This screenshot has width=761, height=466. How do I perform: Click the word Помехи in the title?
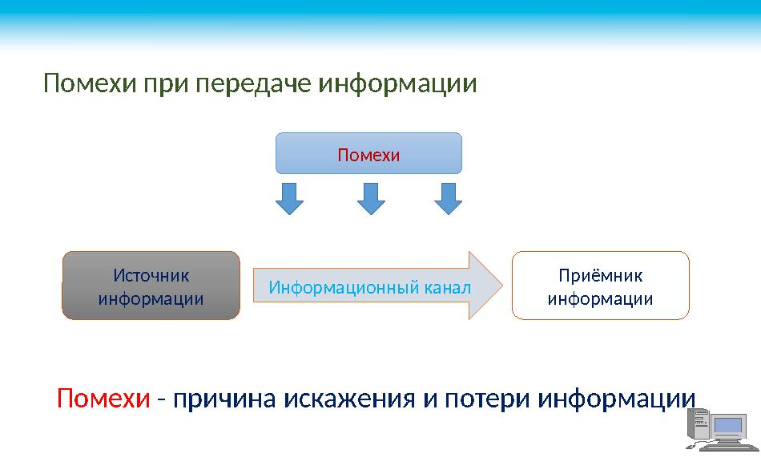pyautogui.click(x=91, y=83)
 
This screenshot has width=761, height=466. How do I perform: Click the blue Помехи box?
pyautogui.click(x=368, y=153)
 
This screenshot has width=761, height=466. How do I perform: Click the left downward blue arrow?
pyautogui.click(x=290, y=198)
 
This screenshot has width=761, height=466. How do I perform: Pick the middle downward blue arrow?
pyautogui.click(x=370, y=198)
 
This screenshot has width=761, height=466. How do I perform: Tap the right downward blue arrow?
pyautogui.click(x=449, y=198)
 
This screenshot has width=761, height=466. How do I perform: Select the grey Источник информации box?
pyautogui.click(x=151, y=286)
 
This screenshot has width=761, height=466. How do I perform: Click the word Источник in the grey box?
pyautogui.click(x=151, y=275)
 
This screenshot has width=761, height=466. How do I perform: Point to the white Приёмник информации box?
pyautogui.click(x=600, y=286)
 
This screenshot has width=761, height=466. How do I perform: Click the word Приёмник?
pyautogui.click(x=600, y=275)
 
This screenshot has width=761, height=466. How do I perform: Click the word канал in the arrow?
pyautogui.click(x=445, y=286)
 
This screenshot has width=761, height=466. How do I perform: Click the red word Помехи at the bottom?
pyautogui.click(x=103, y=399)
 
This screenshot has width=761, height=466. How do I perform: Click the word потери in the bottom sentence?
pyautogui.click(x=481, y=399)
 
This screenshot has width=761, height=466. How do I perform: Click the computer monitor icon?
pyautogui.click(x=731, y=428)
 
